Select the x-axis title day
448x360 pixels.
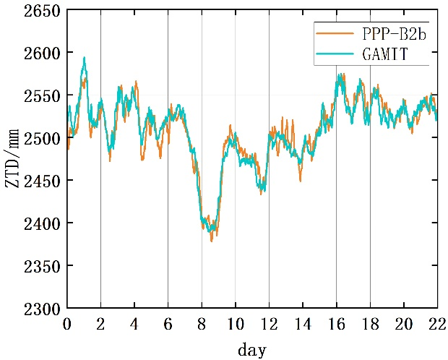coord(252,349)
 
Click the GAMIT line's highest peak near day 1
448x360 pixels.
coord(85,58)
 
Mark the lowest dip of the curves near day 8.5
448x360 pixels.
coord(212,240)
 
